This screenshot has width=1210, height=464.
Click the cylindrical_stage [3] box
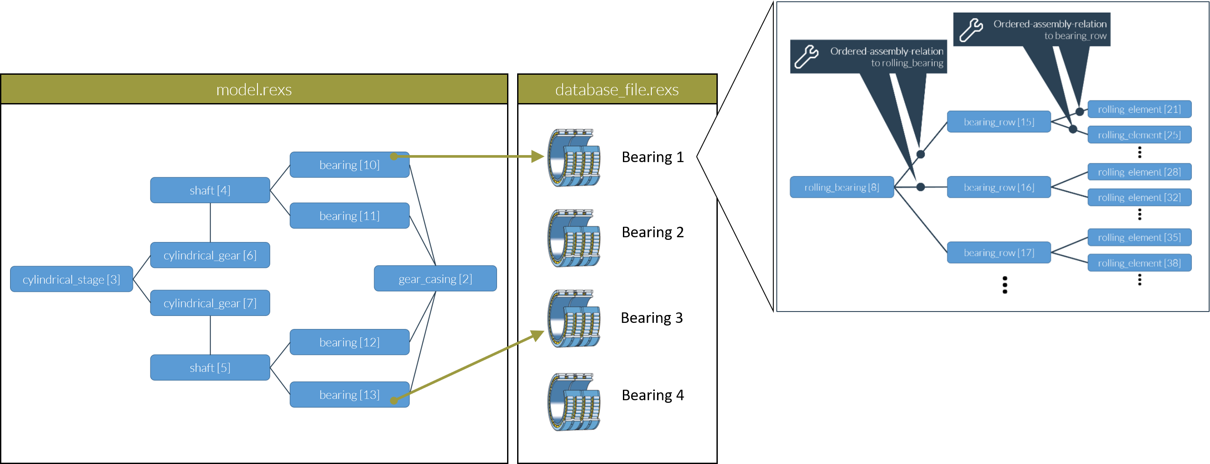click(71, 279)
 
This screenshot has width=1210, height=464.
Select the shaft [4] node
click(210, 190)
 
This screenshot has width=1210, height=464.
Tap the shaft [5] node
click(210, 367)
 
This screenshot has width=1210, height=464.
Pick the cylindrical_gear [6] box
click(210, 255)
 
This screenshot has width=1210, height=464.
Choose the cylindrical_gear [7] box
click(210, 303)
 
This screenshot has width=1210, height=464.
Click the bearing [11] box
click(349, 215)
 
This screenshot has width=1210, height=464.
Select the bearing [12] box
click(349, 342)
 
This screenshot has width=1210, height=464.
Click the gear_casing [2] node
click(435, 278)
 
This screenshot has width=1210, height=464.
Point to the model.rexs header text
click(254, 89)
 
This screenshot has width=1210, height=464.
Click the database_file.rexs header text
click(617, 89)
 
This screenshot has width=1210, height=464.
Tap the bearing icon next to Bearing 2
click(574, 238)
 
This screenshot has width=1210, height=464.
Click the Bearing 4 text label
click(653, 395)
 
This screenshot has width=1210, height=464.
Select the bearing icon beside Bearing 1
click(574, 158)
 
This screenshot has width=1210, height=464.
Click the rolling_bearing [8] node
click(841, 187)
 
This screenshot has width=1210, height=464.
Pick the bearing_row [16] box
click(998, 187)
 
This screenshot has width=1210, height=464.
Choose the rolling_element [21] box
click(1139, 109)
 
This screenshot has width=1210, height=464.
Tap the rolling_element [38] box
click(1139, 263)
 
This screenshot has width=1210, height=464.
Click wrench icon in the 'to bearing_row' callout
click(970, 30)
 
